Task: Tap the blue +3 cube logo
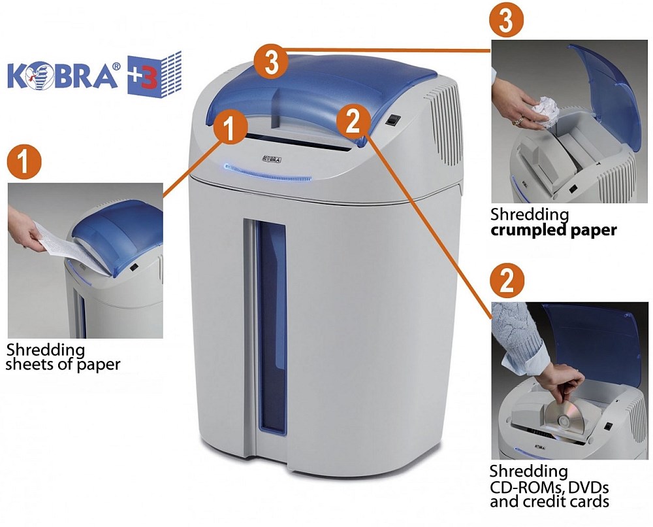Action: click(x=155, y=75)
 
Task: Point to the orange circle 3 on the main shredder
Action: click(x=271, y=63)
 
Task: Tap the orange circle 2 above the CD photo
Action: click(x=507, y=280)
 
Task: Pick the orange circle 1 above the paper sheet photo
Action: click(x=24, y=161)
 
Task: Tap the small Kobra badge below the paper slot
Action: click(x=272, y=159)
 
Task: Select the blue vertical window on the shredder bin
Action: click(x=271, y=328)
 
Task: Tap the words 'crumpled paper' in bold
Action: click(x=554, y=230)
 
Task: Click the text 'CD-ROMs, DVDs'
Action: click(x=549, y=486)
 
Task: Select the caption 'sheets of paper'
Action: click(x=63, y=364)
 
